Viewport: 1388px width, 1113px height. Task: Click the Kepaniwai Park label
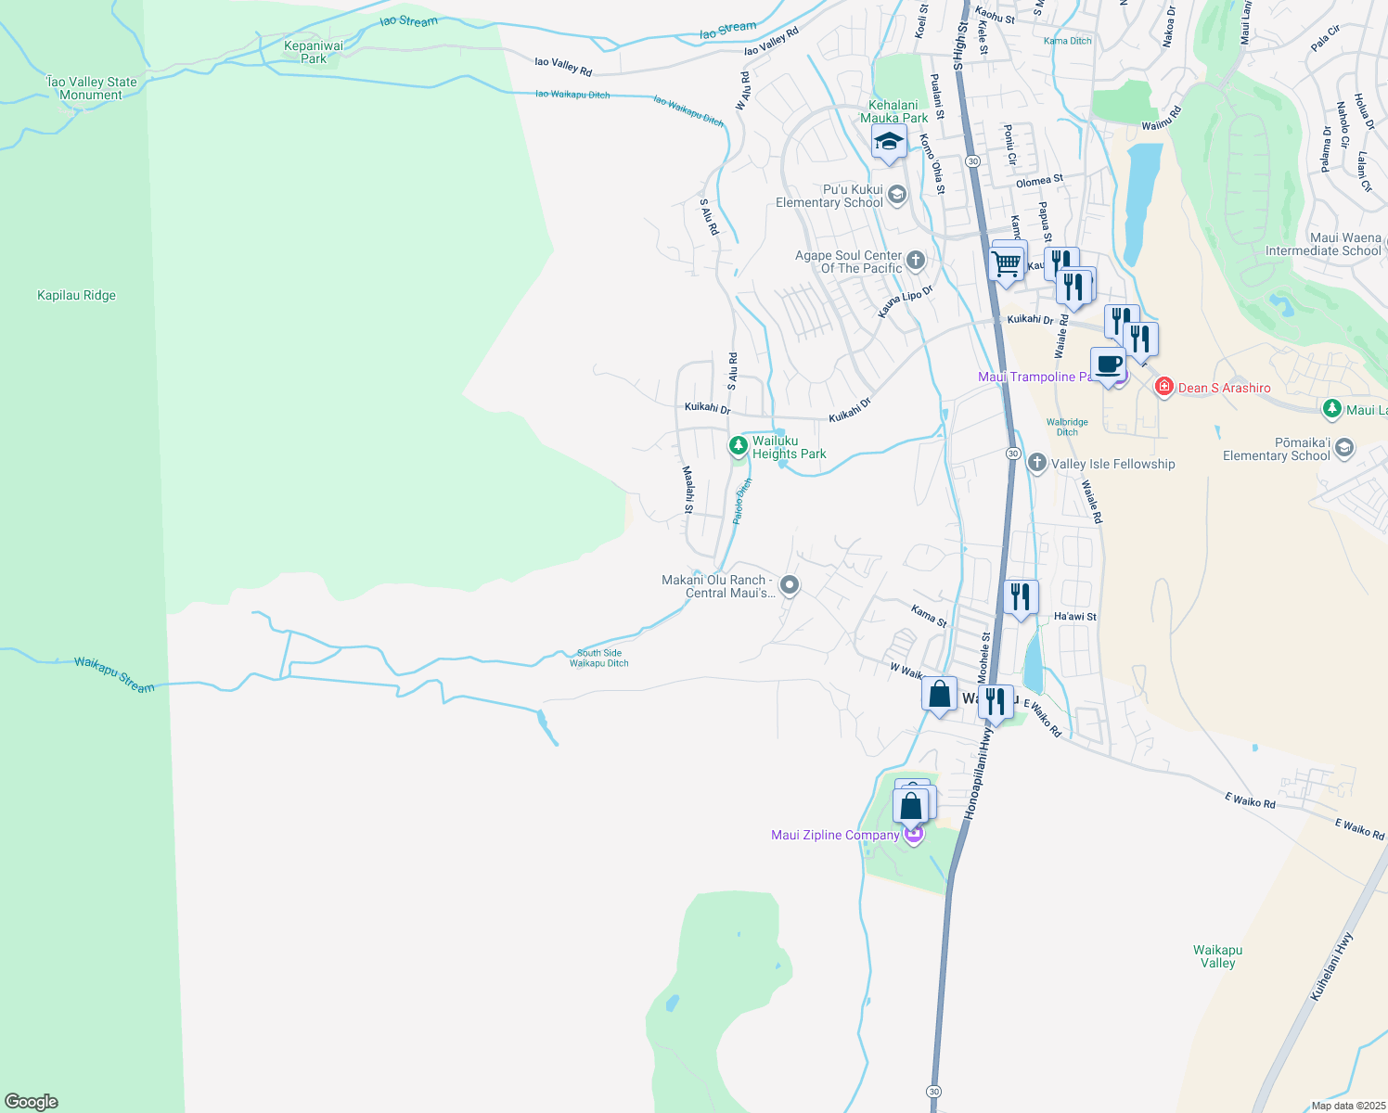click(x=314, y=52)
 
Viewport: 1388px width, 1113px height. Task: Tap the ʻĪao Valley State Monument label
click(x=91, y=88)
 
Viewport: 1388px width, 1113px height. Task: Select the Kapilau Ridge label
click(x=76, y=296)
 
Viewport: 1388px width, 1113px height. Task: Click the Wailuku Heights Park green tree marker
click(x=738, y=446)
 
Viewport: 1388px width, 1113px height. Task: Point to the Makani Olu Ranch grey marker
click(x=790, y=584)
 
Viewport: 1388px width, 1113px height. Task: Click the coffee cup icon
click(x=1108, y=364)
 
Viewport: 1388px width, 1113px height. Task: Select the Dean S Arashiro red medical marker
click(x=1163, y=387)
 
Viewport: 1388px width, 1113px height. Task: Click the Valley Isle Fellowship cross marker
click(x=1037, y=463)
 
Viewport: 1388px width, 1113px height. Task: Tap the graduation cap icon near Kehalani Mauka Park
click(x=888, y=142)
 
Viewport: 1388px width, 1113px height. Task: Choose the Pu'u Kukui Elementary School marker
click(x=896, y=195)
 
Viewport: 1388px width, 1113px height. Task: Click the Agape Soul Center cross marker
click(x=916, y=260)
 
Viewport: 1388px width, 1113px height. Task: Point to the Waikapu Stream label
click(x=114, y=674)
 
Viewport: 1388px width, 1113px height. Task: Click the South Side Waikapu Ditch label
click(x=599, y=658)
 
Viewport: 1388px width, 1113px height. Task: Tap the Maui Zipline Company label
click(x=835, y=835)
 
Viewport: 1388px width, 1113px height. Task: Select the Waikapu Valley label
click(x=1217, y=956)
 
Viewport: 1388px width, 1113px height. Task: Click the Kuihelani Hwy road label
click(x=1332, y=966)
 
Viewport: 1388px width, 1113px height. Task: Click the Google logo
click(x=32, y=1101)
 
